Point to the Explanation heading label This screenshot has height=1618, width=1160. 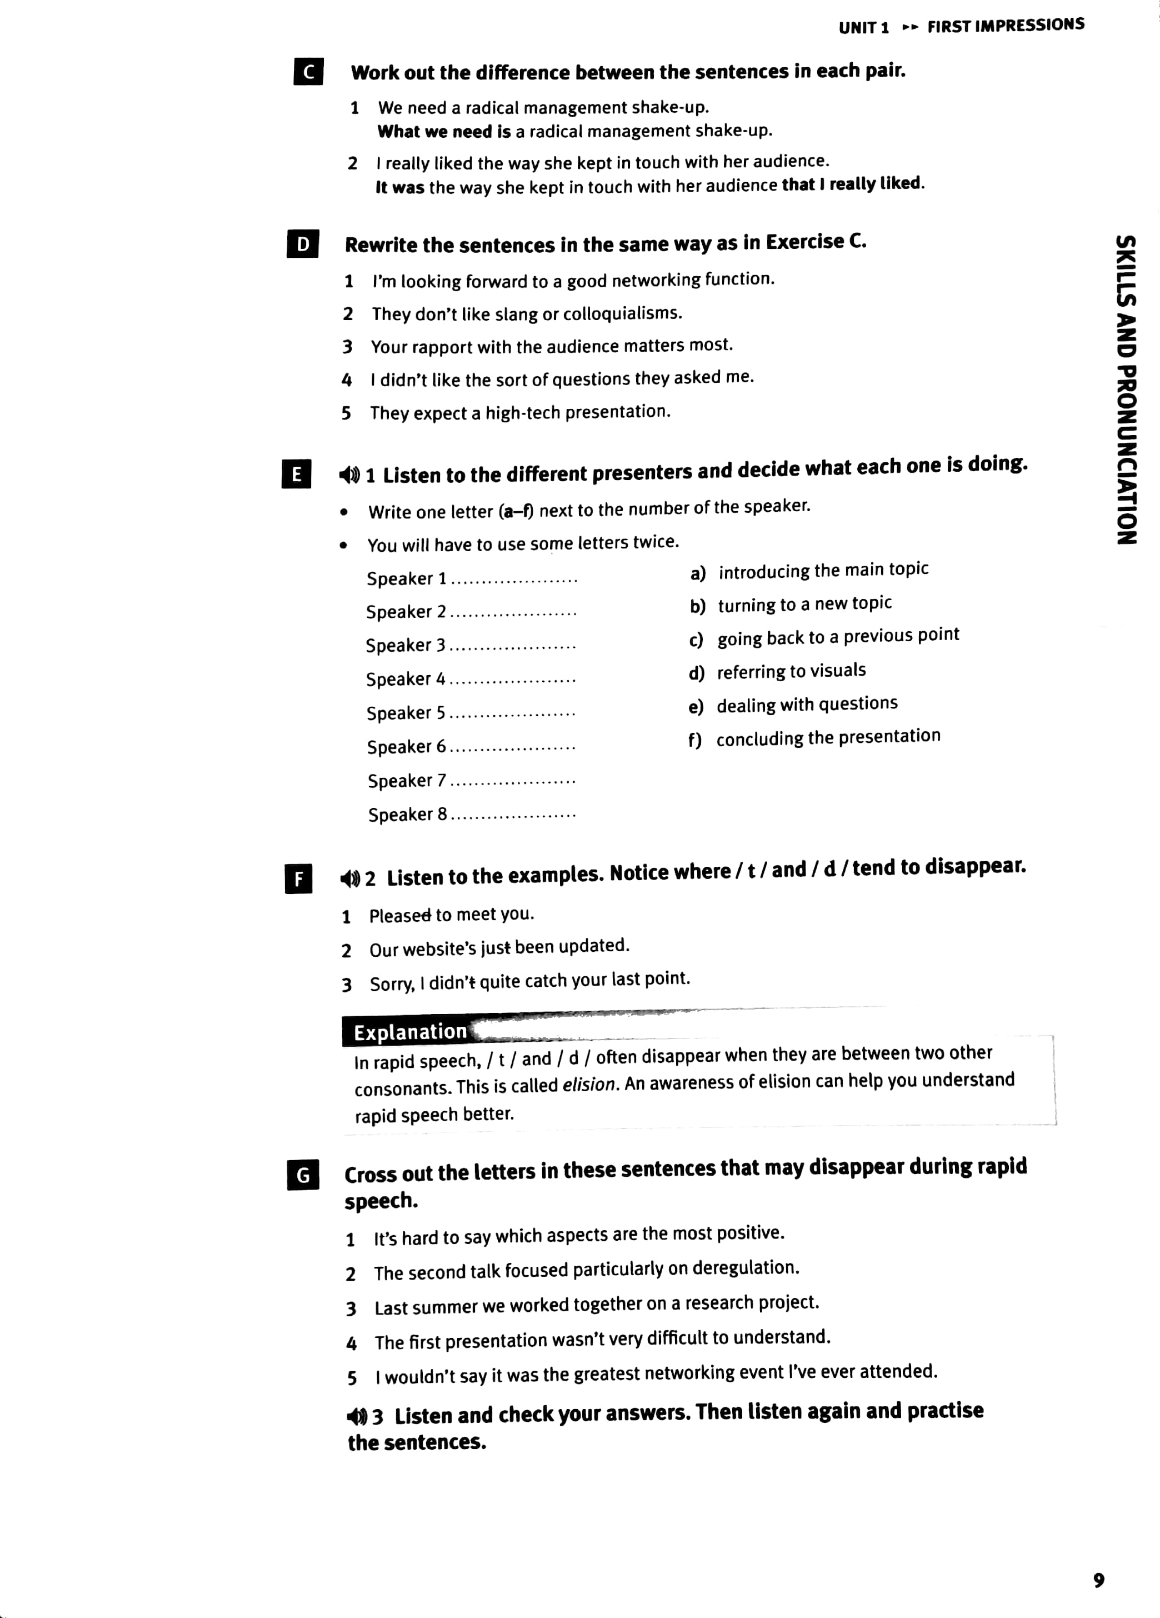click(410, 1032)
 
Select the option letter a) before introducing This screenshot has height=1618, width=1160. click(698, 573)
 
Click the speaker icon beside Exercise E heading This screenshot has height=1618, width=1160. click(349, 475)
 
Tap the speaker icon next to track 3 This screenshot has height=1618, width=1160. click(357, 1416)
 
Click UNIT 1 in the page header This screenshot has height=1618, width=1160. click(863, 28)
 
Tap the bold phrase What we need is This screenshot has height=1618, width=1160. click(444, 132)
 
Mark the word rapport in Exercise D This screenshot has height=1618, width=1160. click(442, 347)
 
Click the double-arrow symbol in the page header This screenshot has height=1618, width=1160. click(909, 28)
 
